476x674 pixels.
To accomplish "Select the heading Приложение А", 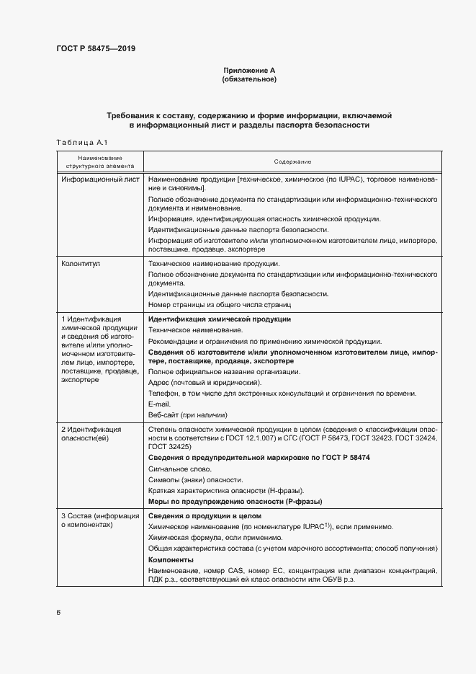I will [249, 70].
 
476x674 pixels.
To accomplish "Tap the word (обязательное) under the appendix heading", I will [249, 79].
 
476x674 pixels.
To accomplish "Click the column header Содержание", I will [292, 161].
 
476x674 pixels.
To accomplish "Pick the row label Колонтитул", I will [81, 265].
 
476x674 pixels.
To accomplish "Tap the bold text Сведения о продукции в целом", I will [204, 517].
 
